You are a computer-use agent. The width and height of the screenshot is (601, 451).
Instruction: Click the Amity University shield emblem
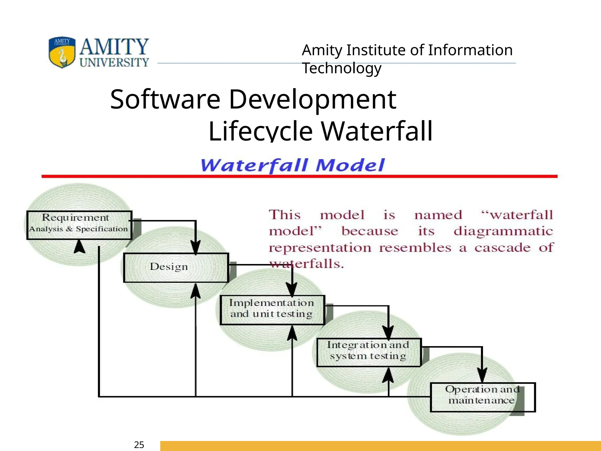pos(62,52)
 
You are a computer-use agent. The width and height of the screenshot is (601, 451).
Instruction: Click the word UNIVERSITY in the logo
pos(114,62)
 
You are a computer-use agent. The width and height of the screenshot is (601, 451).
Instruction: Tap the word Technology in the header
pos(342,68)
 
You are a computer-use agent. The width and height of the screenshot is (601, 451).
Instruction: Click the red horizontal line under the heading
pos(299,176)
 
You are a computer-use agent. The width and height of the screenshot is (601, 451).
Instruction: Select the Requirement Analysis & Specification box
pos(79,225)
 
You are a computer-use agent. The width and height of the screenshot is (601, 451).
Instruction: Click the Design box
pos(176,267)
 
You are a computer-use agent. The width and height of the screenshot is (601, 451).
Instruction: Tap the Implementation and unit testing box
pos(272,310)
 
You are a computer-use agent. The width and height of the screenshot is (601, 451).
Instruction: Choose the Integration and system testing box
pos(369,352)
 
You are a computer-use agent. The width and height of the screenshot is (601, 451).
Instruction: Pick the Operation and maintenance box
pos(482,397)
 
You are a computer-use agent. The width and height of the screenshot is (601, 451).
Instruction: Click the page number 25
pos(139,445)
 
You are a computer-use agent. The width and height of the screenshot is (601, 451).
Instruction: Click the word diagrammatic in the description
pos(503,231)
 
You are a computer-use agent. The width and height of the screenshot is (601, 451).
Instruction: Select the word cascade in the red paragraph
pos(502,247)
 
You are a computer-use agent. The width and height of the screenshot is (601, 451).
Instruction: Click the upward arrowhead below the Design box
pos(195,291)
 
